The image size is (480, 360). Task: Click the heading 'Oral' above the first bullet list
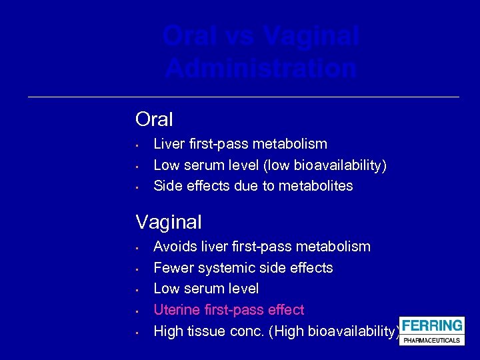[154, 119]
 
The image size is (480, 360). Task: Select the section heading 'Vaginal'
[169, 222]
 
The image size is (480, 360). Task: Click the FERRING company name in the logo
[431, 326]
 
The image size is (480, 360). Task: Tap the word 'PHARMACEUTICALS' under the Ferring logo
[431, 340]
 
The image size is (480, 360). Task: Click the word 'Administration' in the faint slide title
[261, 68]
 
